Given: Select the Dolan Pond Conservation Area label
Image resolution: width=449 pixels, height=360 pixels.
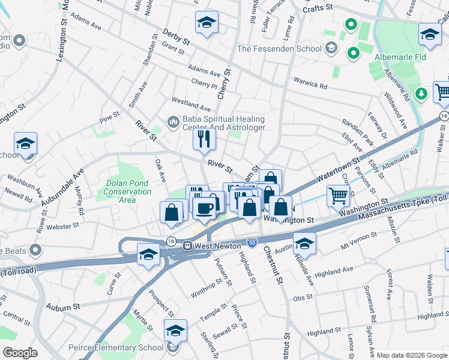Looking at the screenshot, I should [128, 191].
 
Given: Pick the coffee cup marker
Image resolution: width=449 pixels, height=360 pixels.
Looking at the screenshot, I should [205, 208].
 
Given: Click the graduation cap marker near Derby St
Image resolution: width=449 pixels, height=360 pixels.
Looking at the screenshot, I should [207, 23].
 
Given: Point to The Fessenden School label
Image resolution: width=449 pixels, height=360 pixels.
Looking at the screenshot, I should [280, 48].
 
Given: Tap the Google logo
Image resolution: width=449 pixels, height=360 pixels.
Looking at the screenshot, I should [20, 352].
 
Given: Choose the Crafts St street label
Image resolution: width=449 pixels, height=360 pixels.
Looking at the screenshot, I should [317, 10].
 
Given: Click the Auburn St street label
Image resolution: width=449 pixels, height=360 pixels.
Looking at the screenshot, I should [63, 307].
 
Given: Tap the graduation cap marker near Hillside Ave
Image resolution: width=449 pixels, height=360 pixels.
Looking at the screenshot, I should [304, 244].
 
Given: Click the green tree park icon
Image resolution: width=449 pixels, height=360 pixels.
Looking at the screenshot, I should [421, 93].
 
